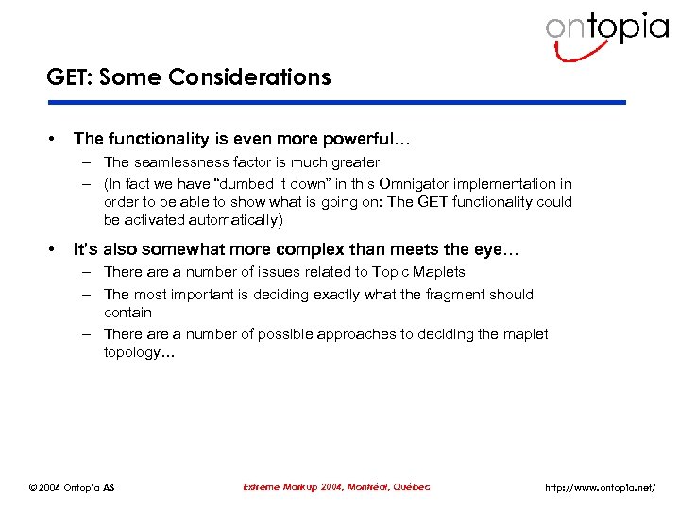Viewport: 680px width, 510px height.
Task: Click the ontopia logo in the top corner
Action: [606, 32]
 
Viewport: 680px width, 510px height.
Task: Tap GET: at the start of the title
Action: [67, 77]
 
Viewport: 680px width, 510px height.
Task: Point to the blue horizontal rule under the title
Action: [336, 102]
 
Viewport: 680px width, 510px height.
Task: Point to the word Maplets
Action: [440, 272]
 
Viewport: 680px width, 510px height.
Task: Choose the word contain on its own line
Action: [127, 312]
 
